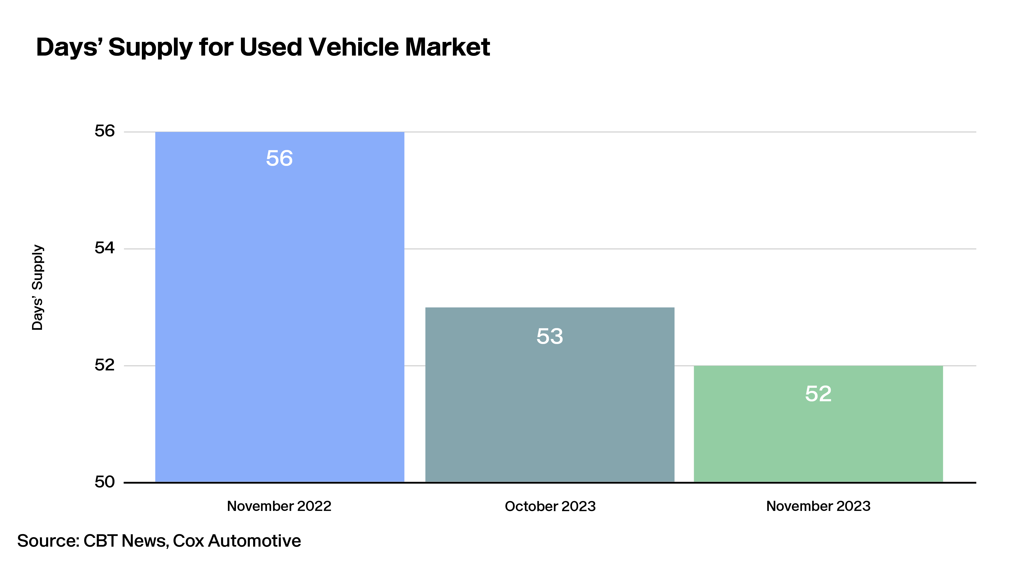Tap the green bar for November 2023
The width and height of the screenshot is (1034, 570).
818,424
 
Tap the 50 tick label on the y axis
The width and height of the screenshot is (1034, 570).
105,482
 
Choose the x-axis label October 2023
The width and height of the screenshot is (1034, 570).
550,506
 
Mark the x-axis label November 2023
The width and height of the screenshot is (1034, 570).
818,506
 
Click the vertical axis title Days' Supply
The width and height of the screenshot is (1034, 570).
37,287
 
